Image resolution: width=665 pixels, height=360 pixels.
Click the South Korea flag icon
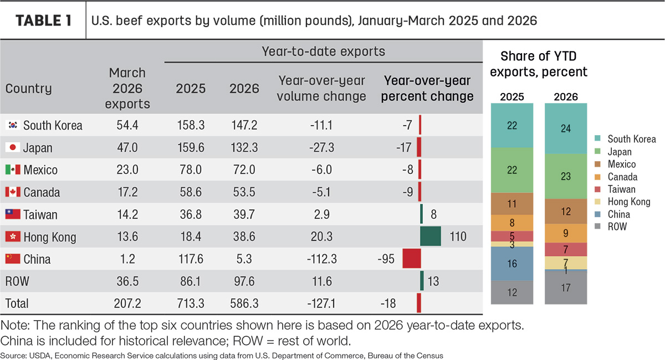click(x=13, y=125)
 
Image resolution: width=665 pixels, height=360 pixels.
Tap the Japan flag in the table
click(x=13, y=147)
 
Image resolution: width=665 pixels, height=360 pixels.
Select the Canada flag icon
click(x=13, y=192)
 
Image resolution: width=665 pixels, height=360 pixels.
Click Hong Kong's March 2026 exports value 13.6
click(x=127, y=236)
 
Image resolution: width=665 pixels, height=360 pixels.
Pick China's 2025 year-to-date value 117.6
click(x=191, y=259)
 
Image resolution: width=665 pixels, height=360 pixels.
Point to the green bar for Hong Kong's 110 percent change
click(x=431, y=236)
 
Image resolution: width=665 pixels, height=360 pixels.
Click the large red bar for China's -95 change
click(x=411, y=259)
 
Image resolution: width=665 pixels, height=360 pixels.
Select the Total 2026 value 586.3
click(x=244, y=304)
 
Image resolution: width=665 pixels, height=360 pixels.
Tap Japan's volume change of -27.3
click(x=321, y=147)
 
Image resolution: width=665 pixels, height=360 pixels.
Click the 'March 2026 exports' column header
click(x=127, y=89)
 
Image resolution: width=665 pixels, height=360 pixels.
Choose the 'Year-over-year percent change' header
click(x=427, y=89)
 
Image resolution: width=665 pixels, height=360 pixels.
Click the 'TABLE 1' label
click(x=44, y=21)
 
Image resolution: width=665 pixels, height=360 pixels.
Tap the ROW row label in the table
click(x=17, y=281)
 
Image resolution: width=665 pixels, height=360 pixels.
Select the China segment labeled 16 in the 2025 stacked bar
click(x=512, y=264)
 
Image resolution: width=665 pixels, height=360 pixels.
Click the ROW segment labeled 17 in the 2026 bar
click(x=566, y=287)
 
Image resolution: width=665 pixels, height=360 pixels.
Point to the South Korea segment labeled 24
click(x=566, y=128)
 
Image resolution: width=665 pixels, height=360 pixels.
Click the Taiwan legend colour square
click(x=597, y=189)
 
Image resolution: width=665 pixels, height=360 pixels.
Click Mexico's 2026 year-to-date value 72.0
click(x=244, y=169)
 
